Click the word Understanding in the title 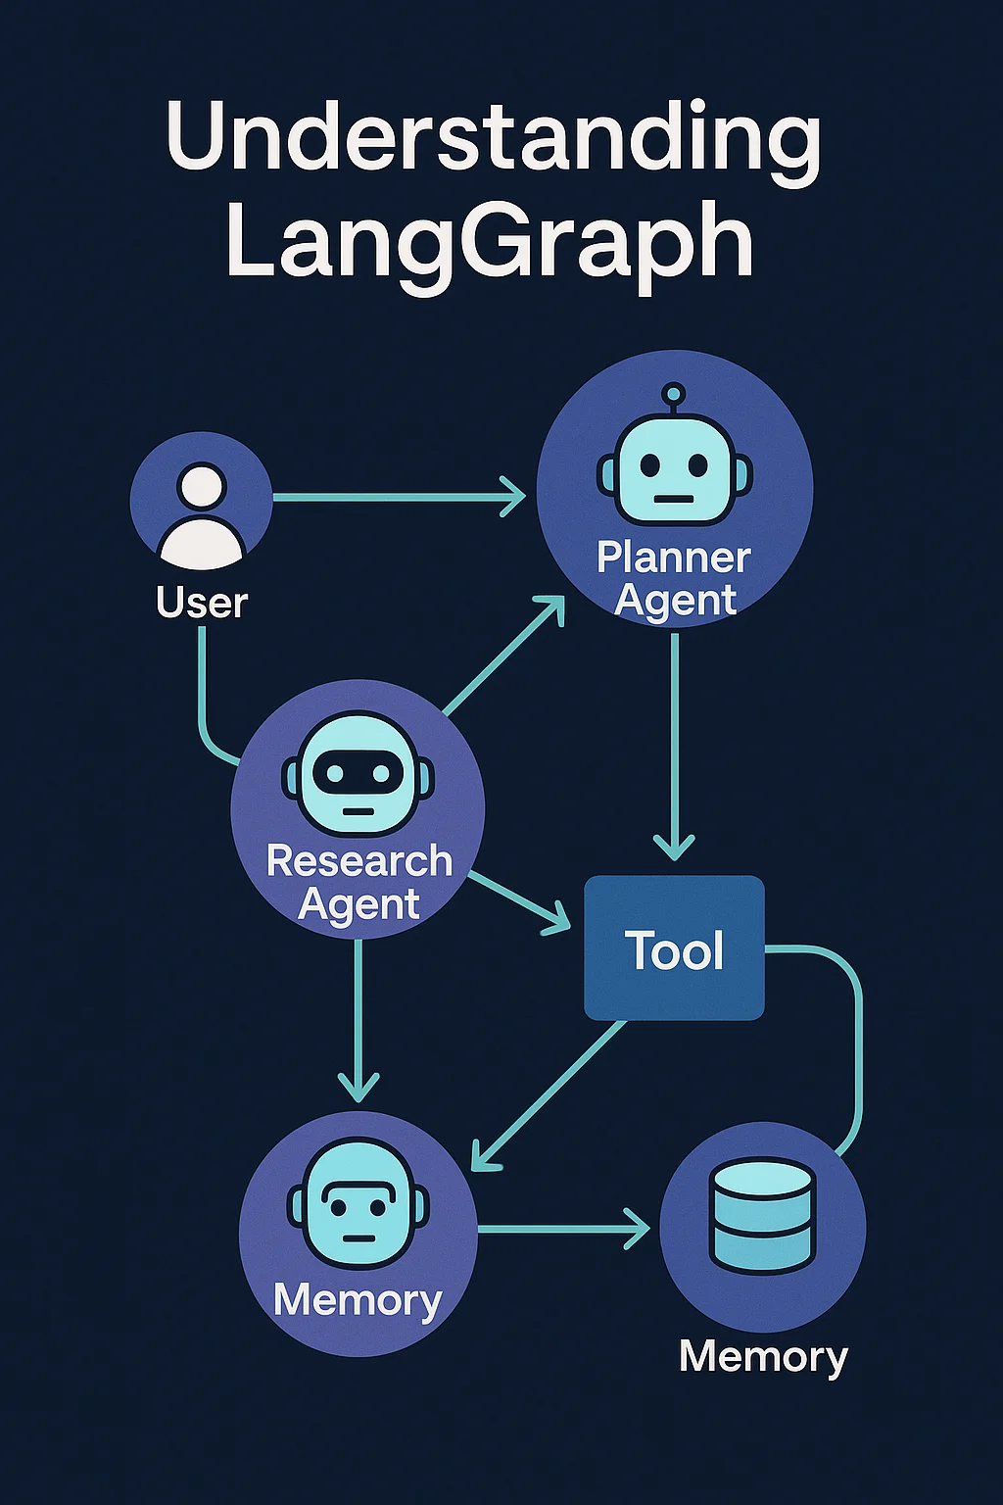[493, 137]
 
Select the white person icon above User [202, 515]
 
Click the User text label [202, 603]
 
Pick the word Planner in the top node [674, 558]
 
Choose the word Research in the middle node [359, 861]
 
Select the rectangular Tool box [674, 947]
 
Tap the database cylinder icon [763, 1215]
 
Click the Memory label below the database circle [763, 1358]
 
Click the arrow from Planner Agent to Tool [674, 745]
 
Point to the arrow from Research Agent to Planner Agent [503, 655]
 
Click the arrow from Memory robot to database [563, 1228]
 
